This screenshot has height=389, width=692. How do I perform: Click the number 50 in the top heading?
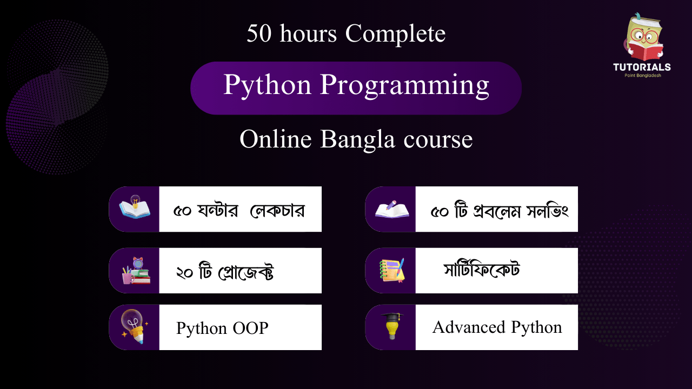259,33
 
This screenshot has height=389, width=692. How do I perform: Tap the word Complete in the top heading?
395,34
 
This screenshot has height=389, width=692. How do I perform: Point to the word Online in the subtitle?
276,139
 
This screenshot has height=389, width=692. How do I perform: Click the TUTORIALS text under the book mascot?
642,67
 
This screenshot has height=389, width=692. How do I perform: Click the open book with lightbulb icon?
135,206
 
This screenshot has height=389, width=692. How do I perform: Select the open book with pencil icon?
392,209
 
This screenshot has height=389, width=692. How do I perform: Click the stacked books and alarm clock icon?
136,271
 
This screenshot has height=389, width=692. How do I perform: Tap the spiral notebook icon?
392,271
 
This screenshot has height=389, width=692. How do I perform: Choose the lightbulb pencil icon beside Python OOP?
135,326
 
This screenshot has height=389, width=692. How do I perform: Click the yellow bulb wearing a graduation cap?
392,326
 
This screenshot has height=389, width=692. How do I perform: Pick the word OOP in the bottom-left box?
250,328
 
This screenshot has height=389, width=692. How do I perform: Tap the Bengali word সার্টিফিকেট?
482,269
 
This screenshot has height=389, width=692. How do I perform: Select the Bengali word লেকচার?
277,211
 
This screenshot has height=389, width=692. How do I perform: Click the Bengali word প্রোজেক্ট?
246,272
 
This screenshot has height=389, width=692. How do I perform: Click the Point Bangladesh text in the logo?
643,75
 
